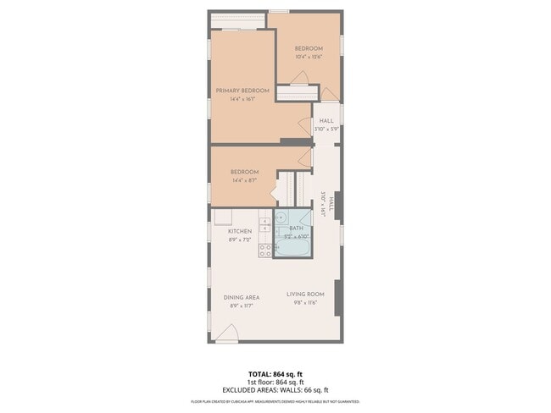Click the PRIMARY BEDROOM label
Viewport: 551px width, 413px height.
click(x=242, y=91)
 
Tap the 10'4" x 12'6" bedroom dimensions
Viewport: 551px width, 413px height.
click(x=309, y=57)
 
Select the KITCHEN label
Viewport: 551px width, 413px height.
click(x=240, y=231)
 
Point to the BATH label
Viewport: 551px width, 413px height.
click(x=297, y=228)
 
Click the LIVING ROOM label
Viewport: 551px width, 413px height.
click(x=305, y=295)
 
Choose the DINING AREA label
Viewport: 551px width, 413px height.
click(x=242, y=297)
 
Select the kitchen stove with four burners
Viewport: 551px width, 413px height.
click(x=264, y=250)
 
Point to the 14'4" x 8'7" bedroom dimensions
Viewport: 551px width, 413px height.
click(x=244, y=179)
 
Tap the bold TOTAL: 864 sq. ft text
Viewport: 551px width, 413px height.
click(x=275, y=372)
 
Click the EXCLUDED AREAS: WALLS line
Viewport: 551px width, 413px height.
click(x=275, y=389)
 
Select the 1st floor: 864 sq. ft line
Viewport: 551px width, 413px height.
click(x=275, y=381)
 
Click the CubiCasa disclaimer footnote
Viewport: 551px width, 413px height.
click(x=275, y=401)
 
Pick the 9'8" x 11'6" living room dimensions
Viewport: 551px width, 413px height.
click(x=305, y=302)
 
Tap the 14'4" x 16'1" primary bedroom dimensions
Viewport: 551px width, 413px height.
click(x=242, y=99)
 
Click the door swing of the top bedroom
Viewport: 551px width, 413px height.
click(x=298, y=77)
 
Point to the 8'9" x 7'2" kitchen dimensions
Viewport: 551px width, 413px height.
click(x=240, y=240)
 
